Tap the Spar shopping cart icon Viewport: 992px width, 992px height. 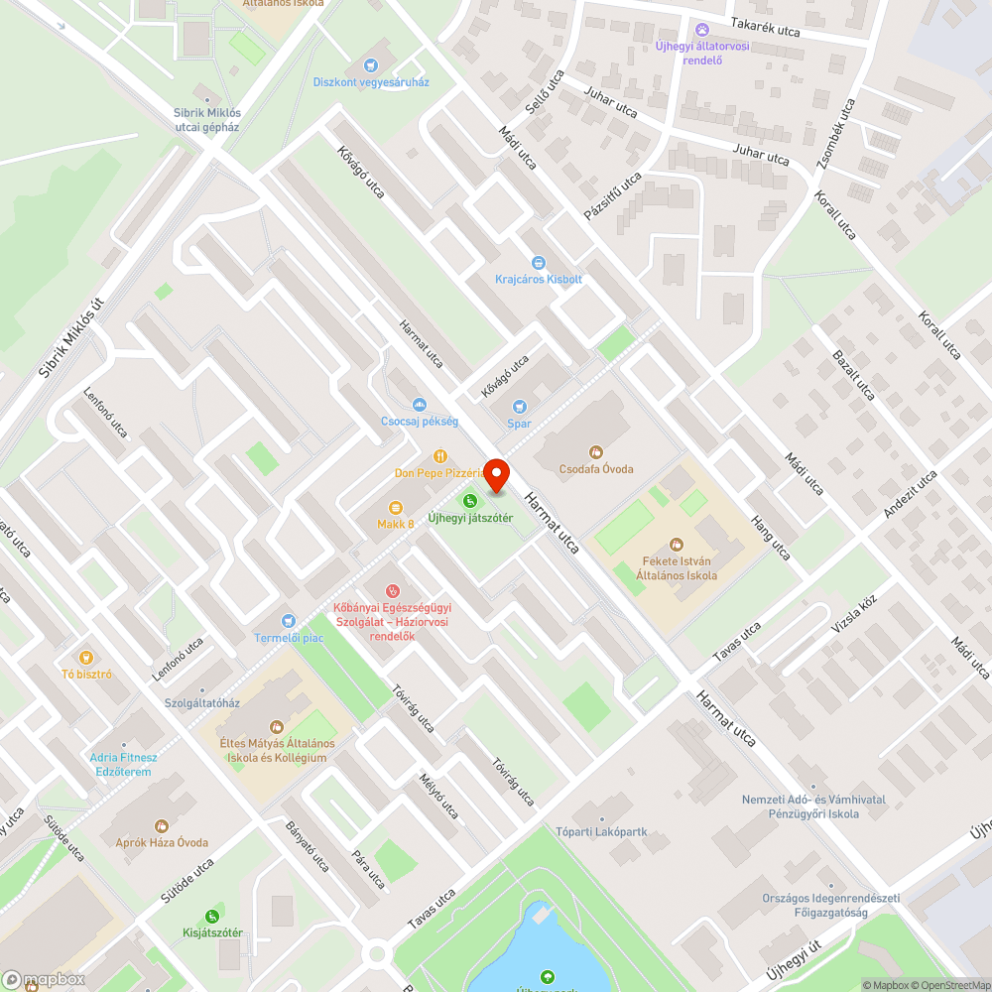(518, 407)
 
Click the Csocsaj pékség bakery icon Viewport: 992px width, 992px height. (419, 405)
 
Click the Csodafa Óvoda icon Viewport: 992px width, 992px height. (595, 452)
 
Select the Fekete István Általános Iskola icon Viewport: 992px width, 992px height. (677, 544)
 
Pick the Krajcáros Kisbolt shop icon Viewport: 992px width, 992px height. (539, 263)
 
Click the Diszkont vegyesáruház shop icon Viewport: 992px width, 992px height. (371, 64)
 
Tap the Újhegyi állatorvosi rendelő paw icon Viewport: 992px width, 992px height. (702, 29)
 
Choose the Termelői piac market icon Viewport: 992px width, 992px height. (289, 620)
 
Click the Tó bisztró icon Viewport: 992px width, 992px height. (85, 658)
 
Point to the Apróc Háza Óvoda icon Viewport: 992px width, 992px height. (162, 825)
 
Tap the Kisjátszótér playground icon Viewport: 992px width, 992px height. (212, 916)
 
